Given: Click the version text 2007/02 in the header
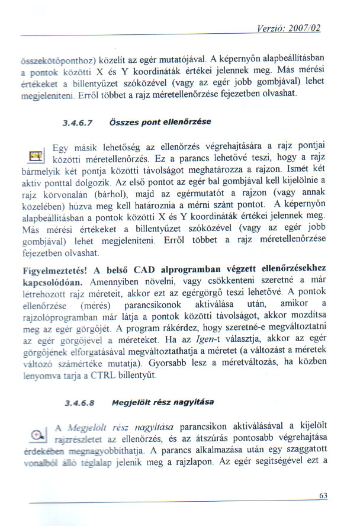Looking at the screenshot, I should [x=306, y=28].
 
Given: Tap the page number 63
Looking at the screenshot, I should [x=323, y=496].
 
